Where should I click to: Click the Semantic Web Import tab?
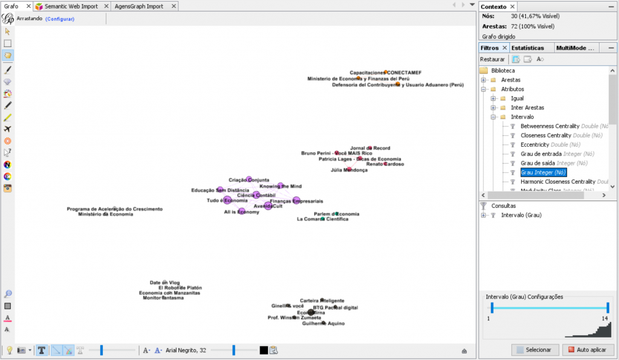click(x=71, y=7)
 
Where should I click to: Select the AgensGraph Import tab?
click(x=139, y=7)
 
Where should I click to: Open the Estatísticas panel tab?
click(x=527, y=48)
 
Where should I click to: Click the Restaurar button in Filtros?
click(x=492, y=59)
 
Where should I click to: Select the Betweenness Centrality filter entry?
click(x=549, y=126)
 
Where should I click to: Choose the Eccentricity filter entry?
click(x=534, y=145)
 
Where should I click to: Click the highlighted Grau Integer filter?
click(x=543, y=173)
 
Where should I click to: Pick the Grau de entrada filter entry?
click(x=541, y=154)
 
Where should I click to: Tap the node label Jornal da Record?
click(x=370, y=148)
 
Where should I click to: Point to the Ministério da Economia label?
click(x=106, y=214)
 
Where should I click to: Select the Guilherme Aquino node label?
click(x=323, y=324)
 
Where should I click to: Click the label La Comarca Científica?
click(x=322, y=219)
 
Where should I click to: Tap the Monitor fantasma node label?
click(x=163, y=298)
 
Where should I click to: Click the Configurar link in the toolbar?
click(x=60, y=19)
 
